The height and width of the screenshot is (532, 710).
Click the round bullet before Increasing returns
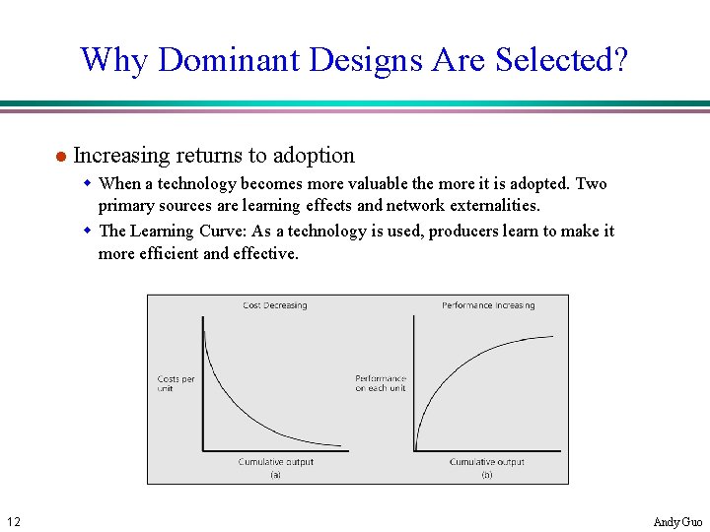point(60,157)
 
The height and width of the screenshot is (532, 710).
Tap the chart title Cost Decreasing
point(275,305)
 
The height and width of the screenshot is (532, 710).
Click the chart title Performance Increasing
point(488,305)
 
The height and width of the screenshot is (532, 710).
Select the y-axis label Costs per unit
point(176,383)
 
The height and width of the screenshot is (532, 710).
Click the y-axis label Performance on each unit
point(381,383)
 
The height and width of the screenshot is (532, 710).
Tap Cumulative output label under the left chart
point(275,462)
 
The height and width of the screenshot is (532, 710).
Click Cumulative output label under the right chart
point(487,462)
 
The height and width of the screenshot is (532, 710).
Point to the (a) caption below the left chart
point(275,474)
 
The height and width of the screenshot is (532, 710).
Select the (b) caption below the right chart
point(487,474)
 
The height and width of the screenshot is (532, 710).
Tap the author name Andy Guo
point(678,521)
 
